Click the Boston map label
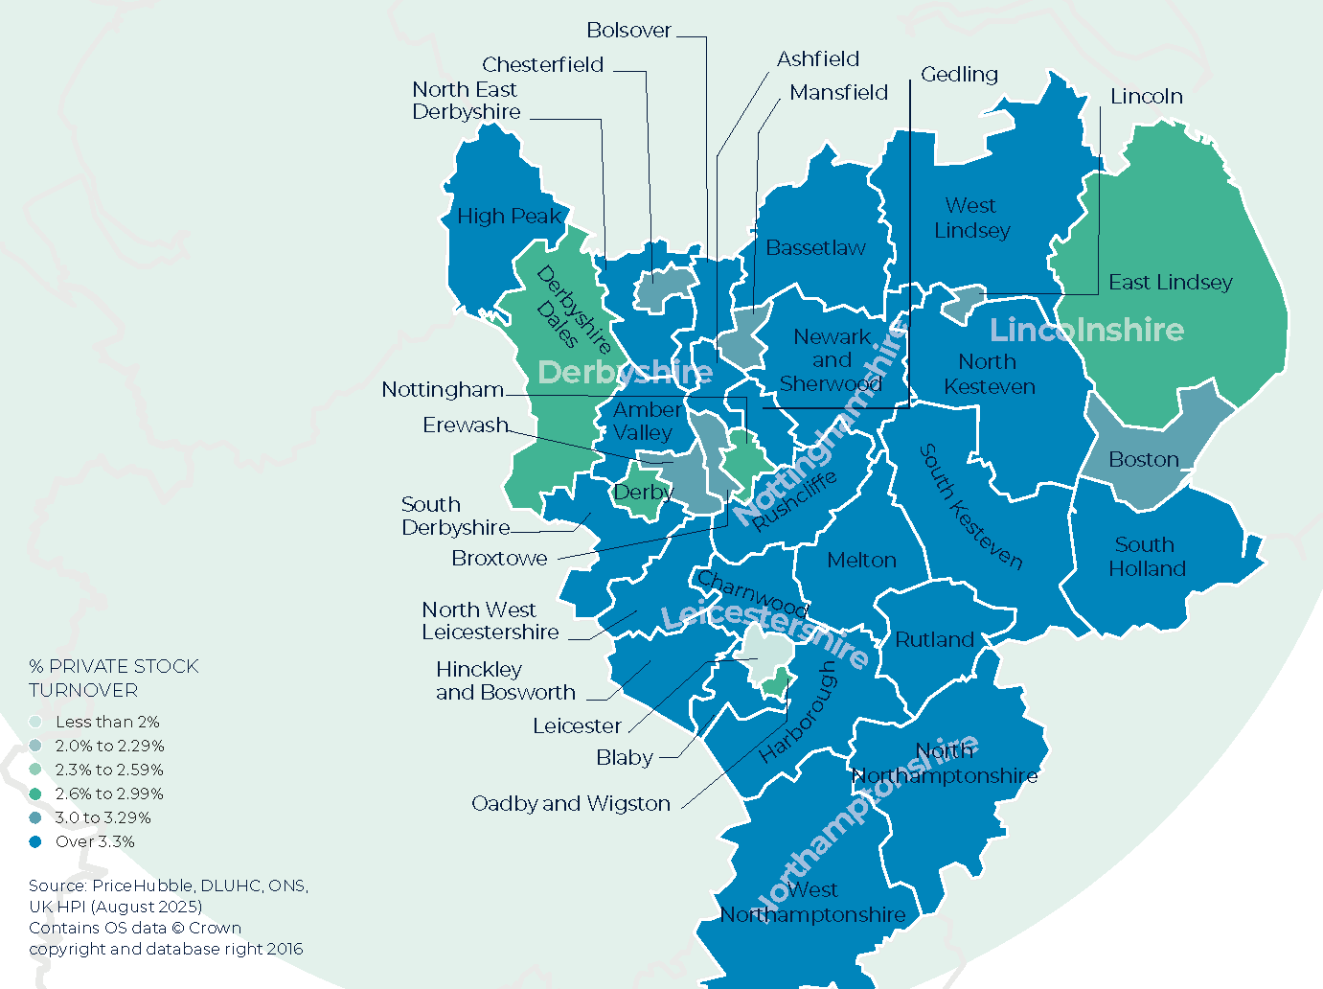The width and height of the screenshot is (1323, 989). pyautogui.click(x=1143, y=460)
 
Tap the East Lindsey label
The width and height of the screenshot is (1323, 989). pyautogui.click(x=1170, y=282)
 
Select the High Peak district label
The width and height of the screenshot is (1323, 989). pyautogui.click(x=509, y=217)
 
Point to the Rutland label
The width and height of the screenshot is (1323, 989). pyautogui.click(x=934, y=640)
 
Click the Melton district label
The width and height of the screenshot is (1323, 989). pyautogui.click(x=861, y=561)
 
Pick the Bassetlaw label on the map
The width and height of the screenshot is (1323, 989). pyautogui.click(x=815, y=248)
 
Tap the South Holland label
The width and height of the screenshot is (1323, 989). pyautogui.click(x=1147, y=557)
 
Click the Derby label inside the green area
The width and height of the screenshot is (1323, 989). pyautogui.click(x=643, y=493)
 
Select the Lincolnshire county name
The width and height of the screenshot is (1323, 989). pyautogui.click(x=1086, y=330)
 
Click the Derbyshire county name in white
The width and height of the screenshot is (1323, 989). pyautogui.click(x=625, y=372)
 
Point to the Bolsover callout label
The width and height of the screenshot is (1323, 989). pyautogui.click(x=628, y=31)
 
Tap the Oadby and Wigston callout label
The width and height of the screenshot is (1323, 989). pyautogui.click(x=571, y=804)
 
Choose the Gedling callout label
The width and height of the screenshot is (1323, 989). pyautogui.click(x=959, y=75)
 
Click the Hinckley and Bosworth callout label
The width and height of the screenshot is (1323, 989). pyautogui.click(x=505, y=680)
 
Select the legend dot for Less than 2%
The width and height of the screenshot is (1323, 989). pyautogui.click(x=35, y=722)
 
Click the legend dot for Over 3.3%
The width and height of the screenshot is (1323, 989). pyautogui.click(x=35, y=841)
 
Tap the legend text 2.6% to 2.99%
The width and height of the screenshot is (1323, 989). pyautogui.click(x=109, y=793)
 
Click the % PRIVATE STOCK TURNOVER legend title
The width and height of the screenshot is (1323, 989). pyautogui.click(x=113, y=678)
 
